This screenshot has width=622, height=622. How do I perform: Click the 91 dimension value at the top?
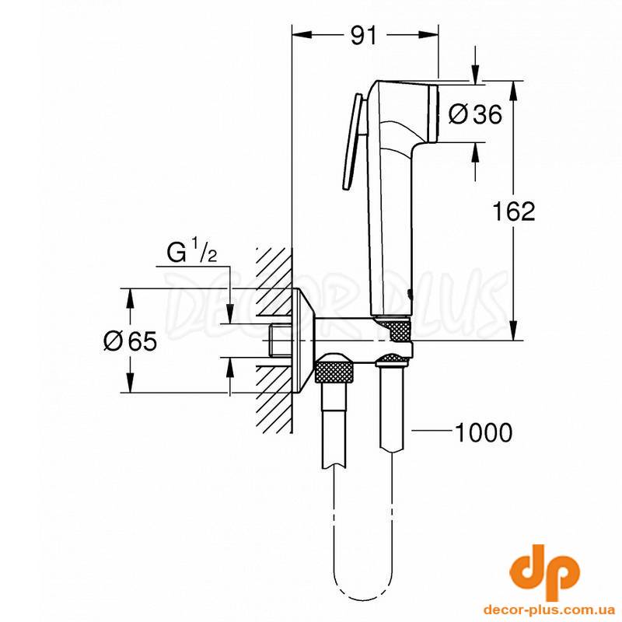tap(363, 36)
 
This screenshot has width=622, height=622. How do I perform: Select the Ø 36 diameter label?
tap(475, 114)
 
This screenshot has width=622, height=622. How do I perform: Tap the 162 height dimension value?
tap(514, 211)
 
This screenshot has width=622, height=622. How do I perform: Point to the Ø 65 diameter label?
tap(130, 341)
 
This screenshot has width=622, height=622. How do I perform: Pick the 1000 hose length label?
tap(483, 433)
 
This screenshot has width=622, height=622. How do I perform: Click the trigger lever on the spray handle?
tap(353, 142)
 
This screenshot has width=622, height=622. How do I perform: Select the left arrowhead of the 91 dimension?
tap(301, 35)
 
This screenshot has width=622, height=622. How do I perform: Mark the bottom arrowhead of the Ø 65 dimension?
tap(130, 383)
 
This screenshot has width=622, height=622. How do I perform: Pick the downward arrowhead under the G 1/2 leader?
tap(229, 314)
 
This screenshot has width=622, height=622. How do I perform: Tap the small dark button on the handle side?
tap(410, 295)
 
